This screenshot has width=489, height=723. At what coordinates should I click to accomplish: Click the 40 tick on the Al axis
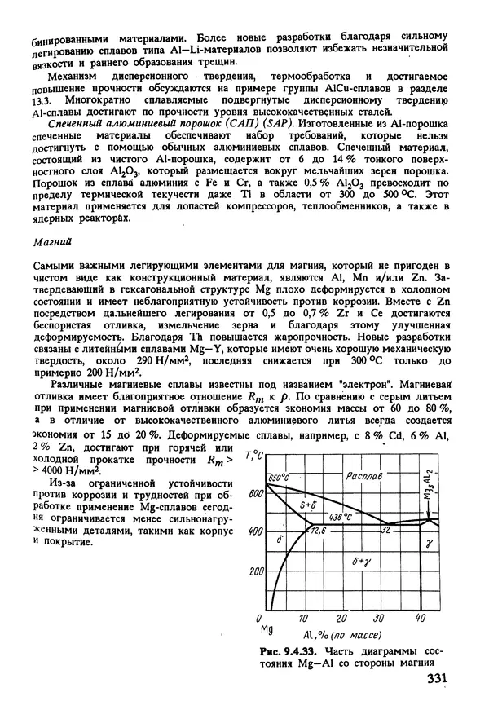420,618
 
